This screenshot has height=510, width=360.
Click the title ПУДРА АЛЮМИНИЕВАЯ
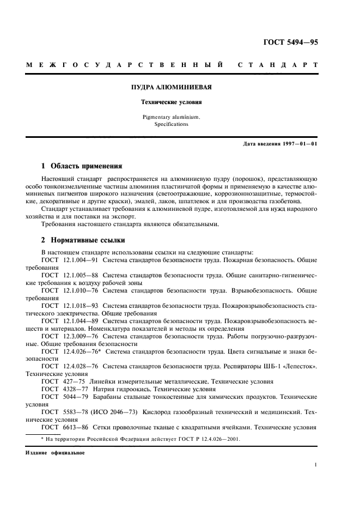[172, 87]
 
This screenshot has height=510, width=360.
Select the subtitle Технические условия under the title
[172, 101]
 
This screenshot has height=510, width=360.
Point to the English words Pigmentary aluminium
[172, 117]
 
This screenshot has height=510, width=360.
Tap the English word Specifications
[172, 124]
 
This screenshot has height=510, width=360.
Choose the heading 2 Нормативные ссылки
[83, 240]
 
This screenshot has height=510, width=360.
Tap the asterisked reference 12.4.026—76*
[81, 351]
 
